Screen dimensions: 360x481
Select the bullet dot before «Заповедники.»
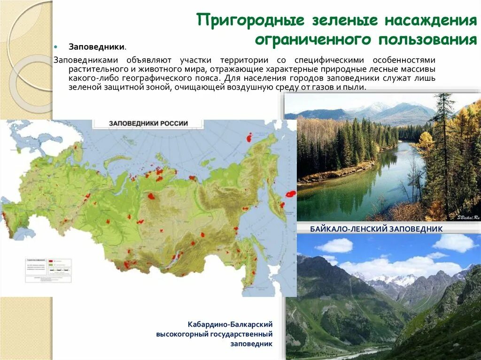(55, 47)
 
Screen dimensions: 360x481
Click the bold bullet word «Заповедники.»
(97, 47)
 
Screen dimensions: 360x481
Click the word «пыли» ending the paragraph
(356, 87)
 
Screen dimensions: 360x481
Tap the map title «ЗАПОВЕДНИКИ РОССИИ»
(148, 123)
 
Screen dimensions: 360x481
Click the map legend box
(47, 269)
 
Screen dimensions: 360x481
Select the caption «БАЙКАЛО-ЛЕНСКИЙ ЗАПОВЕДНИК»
(376, 229)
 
